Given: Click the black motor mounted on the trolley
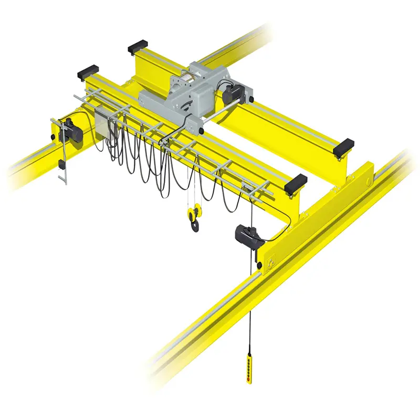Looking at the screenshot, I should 230,94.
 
